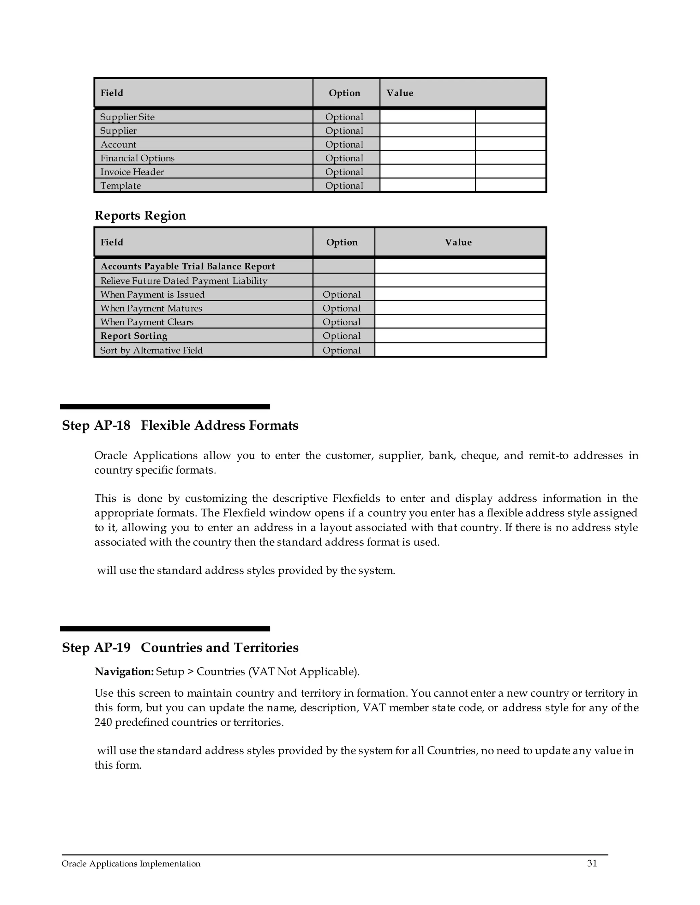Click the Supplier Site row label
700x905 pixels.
[x=127, y=117]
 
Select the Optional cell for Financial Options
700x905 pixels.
[x=344, y=158]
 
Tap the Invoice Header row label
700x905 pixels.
[x=132, y=171]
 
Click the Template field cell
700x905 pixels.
[x=120, y=185]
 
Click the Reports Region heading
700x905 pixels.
[x=140, y=215]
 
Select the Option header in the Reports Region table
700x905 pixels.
[x=342, y=242]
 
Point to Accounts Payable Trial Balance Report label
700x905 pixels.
[x=187, y=266]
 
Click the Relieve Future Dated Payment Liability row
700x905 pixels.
[x=183, y=280]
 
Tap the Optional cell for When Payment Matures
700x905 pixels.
[x=341, y=308]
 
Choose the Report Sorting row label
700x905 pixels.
[x=134, y=336]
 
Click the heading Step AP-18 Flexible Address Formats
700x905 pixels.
[x=180, y=426]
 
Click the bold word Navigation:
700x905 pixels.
[x=124, y=671]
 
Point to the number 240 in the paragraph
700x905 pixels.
[x=103, y=722]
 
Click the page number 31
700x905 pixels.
[x=592, y=863]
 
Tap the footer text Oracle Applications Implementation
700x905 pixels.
[x=131, y=864]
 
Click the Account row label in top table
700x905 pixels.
[x=118, y=144]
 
